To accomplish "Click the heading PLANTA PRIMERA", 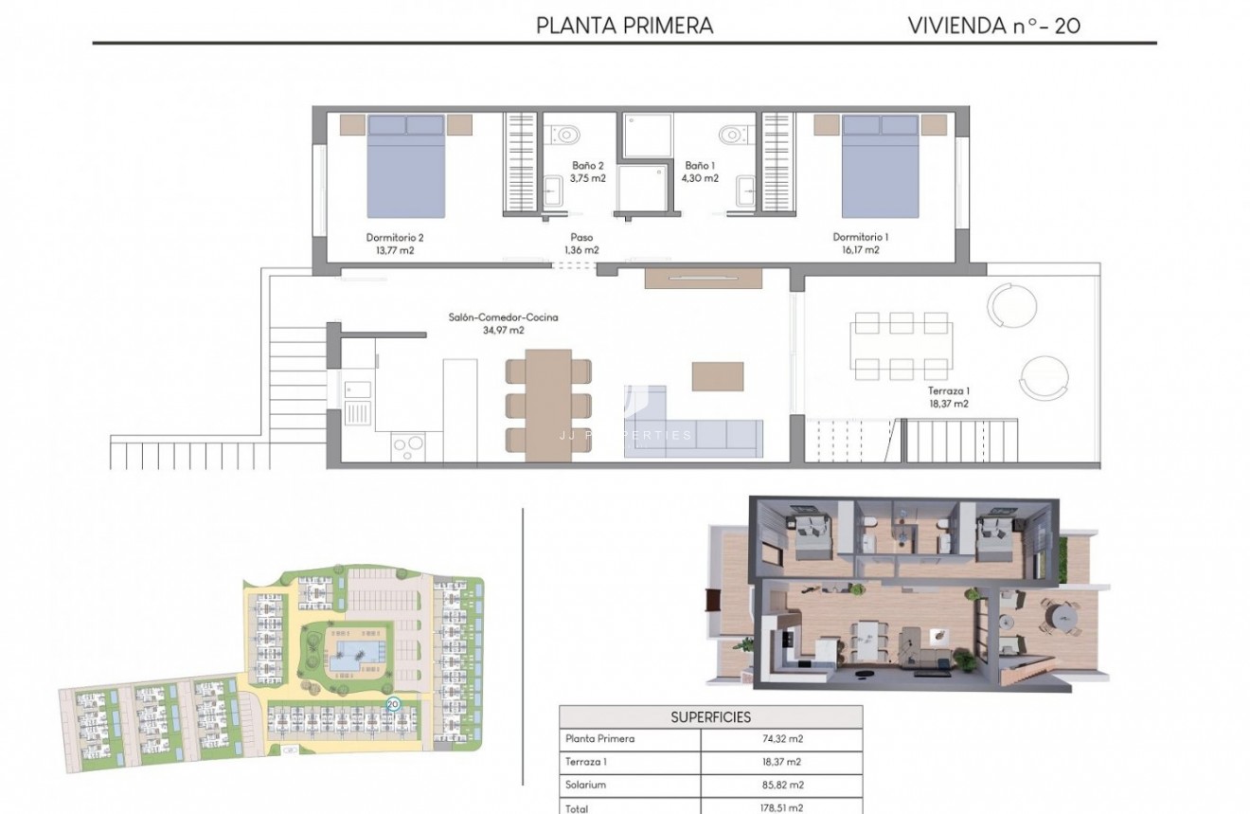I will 624,25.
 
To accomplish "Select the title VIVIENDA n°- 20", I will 993,25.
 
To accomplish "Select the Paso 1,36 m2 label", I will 581,244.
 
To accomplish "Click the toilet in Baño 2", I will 566,134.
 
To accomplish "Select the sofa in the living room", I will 692,435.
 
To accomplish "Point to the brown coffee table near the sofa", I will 717,376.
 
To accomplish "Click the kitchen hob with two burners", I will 408,444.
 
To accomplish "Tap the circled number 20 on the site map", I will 393,704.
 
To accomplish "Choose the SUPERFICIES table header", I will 710,717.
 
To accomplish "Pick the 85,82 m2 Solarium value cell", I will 781,785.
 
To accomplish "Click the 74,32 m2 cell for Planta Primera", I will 781,739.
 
